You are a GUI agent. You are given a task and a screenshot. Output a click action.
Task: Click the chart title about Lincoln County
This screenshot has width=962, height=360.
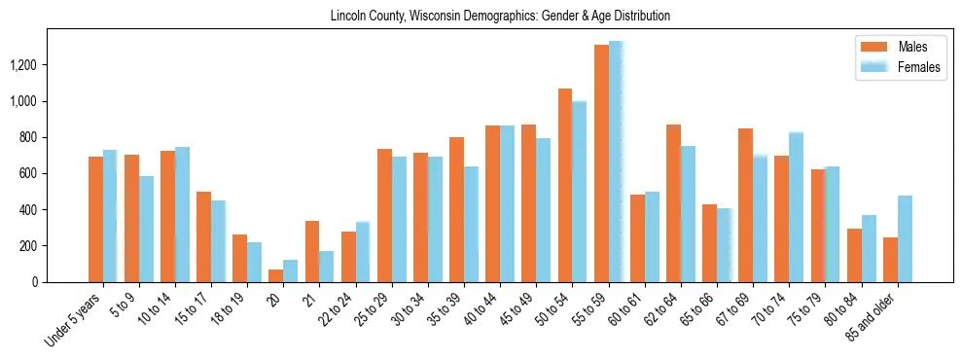pyautogui.click(x=500, y=17)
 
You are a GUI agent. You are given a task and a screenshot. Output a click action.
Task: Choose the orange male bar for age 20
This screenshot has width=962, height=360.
pyautogui.click(x=275, y=276)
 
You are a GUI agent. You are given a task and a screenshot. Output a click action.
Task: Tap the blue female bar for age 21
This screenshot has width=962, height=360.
pyautogui.click(x=326, y=267)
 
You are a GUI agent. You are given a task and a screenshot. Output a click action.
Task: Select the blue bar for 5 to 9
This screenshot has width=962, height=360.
pyautogui.click(x=146, y=230)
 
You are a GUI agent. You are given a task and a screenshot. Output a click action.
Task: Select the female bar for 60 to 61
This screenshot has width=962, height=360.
pyautogui.click(x=652, y=237)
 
